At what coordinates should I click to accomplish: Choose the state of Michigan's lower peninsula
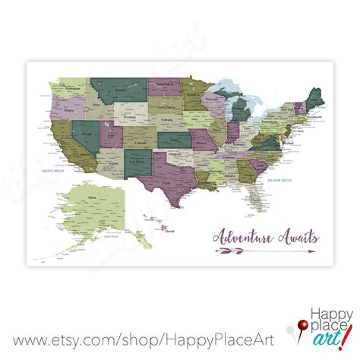coord(237,106)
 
